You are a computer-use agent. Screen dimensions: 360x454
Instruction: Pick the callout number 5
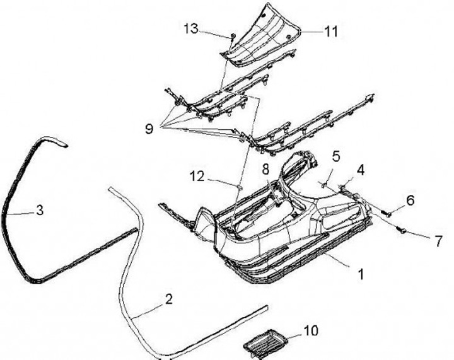tap(336, 155)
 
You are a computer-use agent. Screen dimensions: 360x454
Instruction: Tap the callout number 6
tap(410, 200)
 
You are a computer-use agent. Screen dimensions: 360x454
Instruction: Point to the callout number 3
tap(39, 210)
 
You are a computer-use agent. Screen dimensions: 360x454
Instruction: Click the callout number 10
tap(311, 330)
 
